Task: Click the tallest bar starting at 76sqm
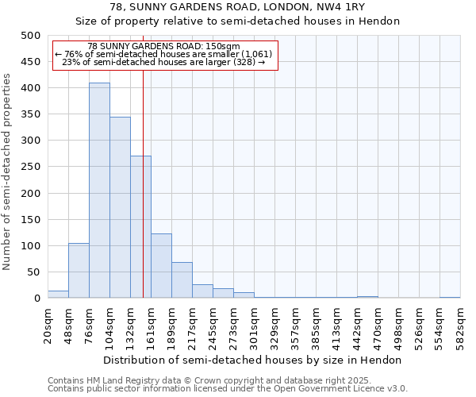[99, 191]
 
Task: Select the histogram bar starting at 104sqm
[120, 207]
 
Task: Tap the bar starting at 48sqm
[79, 271]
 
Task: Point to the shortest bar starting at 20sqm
[58, 295]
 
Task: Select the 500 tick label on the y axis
[30, 36]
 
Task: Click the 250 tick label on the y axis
[30, 167]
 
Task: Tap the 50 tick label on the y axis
[33, 272]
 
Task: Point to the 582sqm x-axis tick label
[460, 325]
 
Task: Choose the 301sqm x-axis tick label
[254, 325]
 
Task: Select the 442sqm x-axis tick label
[357, 325]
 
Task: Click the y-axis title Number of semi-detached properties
[8, 172]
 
